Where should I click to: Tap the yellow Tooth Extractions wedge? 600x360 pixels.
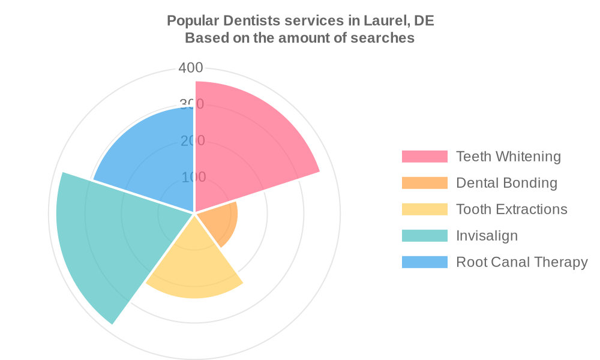(195, 264)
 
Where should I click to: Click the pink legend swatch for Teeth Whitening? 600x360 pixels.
(424, 157)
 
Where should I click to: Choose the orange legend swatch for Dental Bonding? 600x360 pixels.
(424, 183)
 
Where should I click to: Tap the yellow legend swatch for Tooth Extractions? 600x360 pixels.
(424, 209)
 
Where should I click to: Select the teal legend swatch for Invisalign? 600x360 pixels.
(424, 236)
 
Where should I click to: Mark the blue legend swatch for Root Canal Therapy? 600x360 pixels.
(424, 262)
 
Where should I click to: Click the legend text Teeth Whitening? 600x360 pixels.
(508, 157)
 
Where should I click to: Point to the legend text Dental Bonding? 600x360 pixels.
(506, 183)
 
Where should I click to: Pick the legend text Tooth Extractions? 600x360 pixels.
(511, 209)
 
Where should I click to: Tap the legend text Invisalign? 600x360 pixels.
(487, 236)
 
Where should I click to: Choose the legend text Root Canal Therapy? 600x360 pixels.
(521, 262)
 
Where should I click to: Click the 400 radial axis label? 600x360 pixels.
(191, 68)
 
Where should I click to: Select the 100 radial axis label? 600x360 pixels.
(193, 177)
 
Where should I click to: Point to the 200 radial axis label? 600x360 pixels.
(193, 140)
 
